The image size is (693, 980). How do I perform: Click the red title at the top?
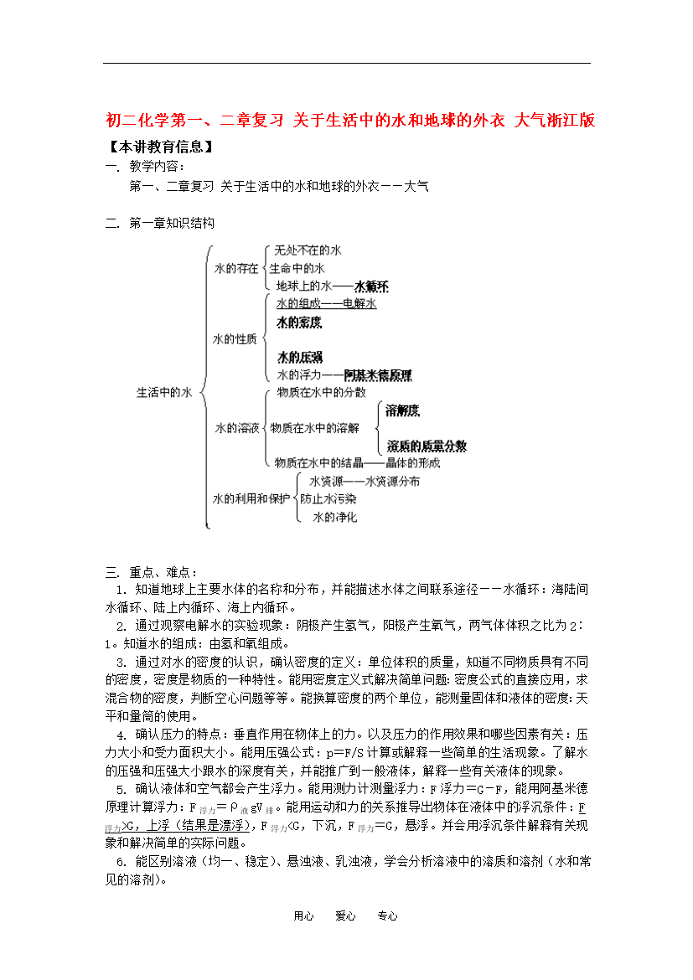coord(350,120)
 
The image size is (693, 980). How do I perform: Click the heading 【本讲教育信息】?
coord(160,147)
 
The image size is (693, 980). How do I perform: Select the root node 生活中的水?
coord(164,391)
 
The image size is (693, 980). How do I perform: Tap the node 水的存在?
coord(236,269)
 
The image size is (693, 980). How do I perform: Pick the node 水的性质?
coord(235,339)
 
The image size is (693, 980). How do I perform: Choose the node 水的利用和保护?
coord(251,498)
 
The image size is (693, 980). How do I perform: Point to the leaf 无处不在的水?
coord(308,250)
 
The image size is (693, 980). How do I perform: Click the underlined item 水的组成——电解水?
coord(326,303)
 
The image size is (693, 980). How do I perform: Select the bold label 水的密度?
coord(299,322)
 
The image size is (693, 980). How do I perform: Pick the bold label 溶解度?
coord(403,410)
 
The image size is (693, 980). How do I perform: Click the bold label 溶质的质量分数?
coord(427,446)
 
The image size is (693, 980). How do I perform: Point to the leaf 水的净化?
coord(334,517)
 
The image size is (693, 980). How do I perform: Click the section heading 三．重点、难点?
coord(152,572)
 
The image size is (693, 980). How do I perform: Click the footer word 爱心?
coord(345,916)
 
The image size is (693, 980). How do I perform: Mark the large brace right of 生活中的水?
coord(204,389)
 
